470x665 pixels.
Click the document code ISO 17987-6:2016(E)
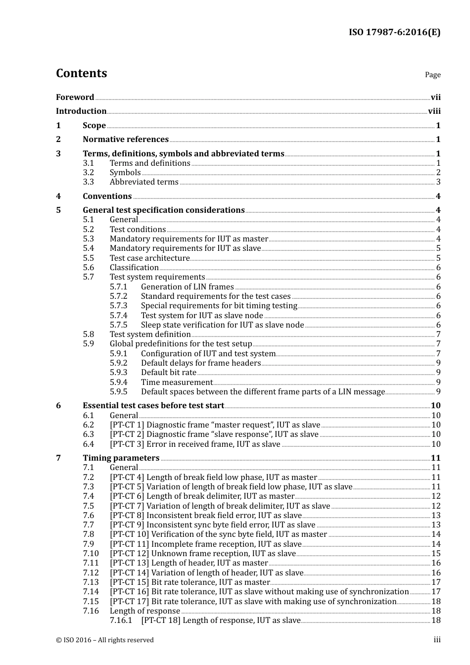pos(394,33)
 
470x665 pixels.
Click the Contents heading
pos(81,73)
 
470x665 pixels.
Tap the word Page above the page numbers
pos(432,75)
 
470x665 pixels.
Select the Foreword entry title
pos(75,97)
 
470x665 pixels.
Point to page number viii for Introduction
pos(434,111)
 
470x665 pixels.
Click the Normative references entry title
pos(126,140)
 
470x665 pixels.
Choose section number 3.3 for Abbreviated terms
pos(88,182)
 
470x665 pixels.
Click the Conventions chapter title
pos(107,196)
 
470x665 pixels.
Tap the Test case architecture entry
pos(149,258)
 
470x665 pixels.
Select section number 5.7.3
pos(118,306)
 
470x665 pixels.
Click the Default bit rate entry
pos(168,373)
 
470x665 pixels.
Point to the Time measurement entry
pos(177,382)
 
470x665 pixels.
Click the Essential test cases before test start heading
pos(153,406)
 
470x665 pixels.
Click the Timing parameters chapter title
pos(121,458)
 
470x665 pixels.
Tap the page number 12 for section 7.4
pos(436,496)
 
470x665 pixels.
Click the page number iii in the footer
pos(437,640)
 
